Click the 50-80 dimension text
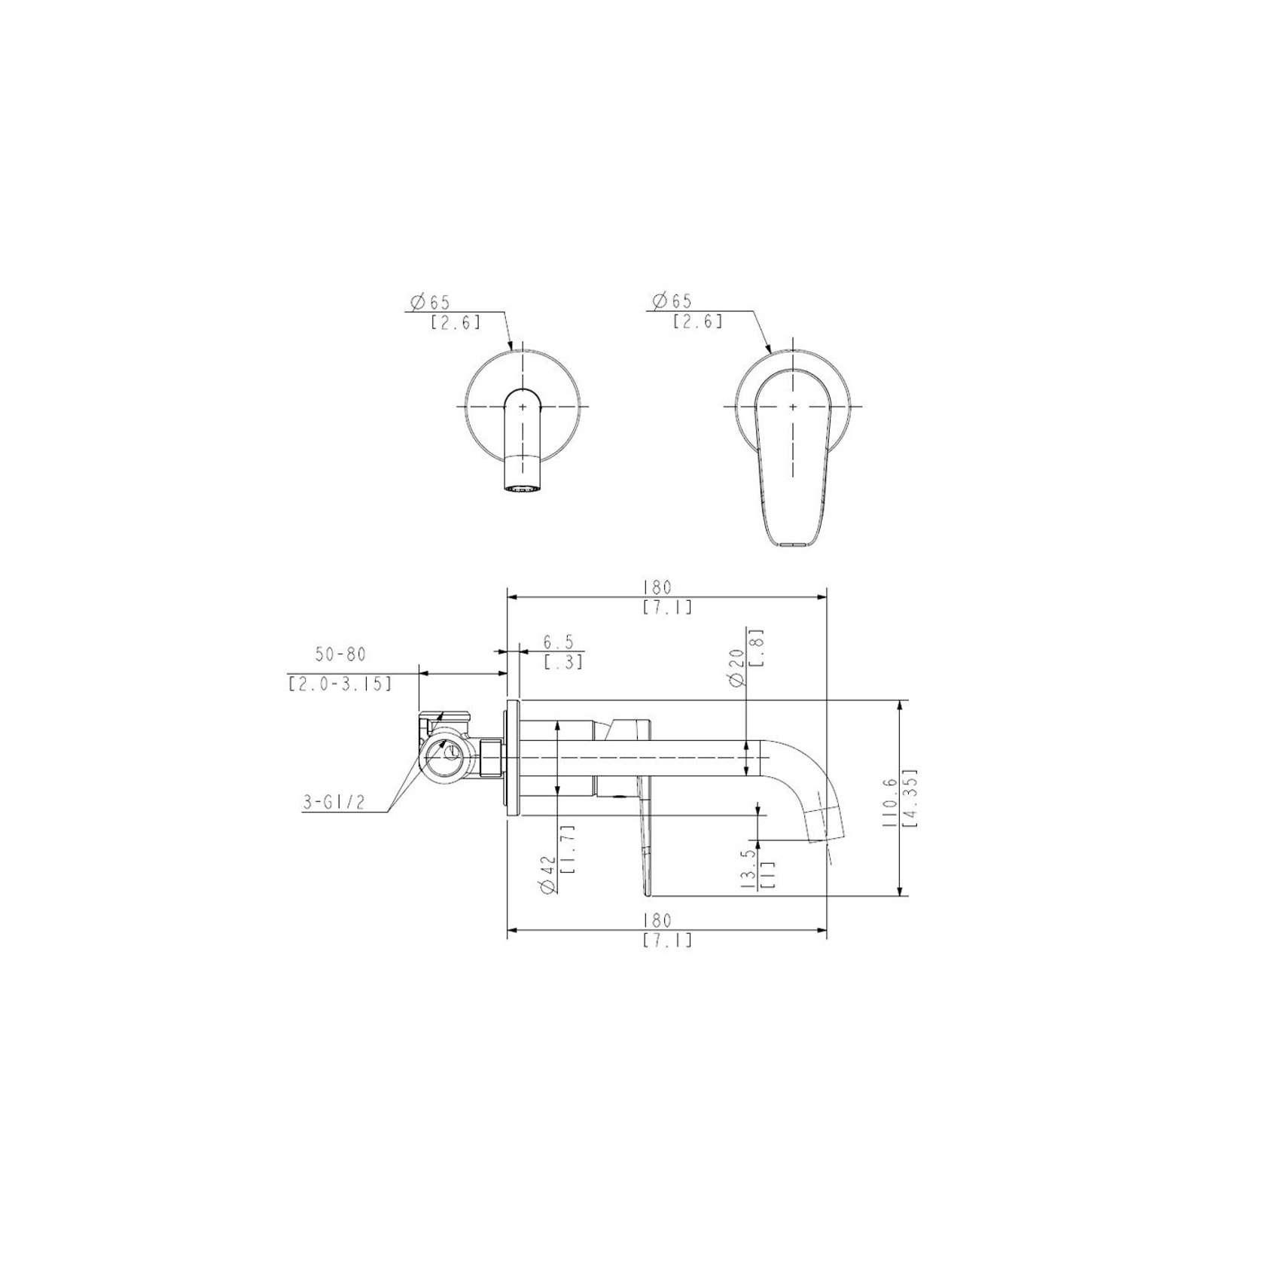(x=340, y=654)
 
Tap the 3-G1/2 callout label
(x=334, y=803)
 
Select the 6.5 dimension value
(x=559, y=642)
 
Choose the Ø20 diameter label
(x=737, y=667)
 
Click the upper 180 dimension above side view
(x=657, y=587)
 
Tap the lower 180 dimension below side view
(x=657, y=921)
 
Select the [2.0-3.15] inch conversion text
(x=340, y=684)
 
